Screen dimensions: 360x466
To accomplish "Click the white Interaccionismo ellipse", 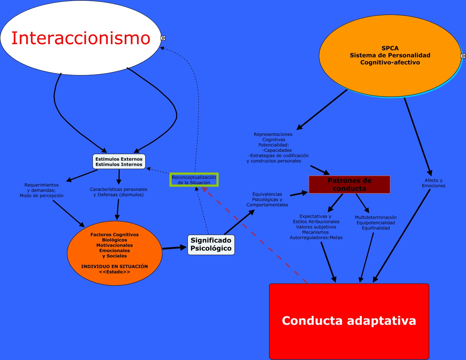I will pos(80,38).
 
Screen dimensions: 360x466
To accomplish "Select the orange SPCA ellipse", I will pos(390,55).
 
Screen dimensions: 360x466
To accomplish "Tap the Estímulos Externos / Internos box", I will pos(119,162).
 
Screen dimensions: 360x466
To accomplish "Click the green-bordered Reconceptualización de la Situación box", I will pos(194,180).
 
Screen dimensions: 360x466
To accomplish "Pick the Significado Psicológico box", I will pos(211,244).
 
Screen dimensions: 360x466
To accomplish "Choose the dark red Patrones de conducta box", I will pos(349,185).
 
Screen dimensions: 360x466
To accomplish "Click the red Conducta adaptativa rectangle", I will pos(349,321).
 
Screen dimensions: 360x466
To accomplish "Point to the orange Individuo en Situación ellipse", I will pos(114,253).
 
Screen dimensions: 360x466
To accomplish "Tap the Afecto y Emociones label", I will pos(434,183).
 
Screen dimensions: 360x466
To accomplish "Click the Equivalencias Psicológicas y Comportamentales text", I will pos(267,200).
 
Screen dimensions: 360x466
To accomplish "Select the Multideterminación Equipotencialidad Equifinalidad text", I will pos(376,223).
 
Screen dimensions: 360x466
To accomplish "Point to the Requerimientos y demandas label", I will pos(42,190).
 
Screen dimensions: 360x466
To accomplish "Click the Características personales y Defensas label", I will pos(119,192).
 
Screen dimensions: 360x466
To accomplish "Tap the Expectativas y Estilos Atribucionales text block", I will pos(316,227).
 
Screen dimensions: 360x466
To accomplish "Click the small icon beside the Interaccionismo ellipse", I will pos(163,38).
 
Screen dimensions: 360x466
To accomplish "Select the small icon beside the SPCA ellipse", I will pos(463,56).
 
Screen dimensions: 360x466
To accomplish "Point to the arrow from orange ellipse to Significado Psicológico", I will pos(174,248).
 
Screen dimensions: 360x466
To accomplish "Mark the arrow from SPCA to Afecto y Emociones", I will pos(418,137).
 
